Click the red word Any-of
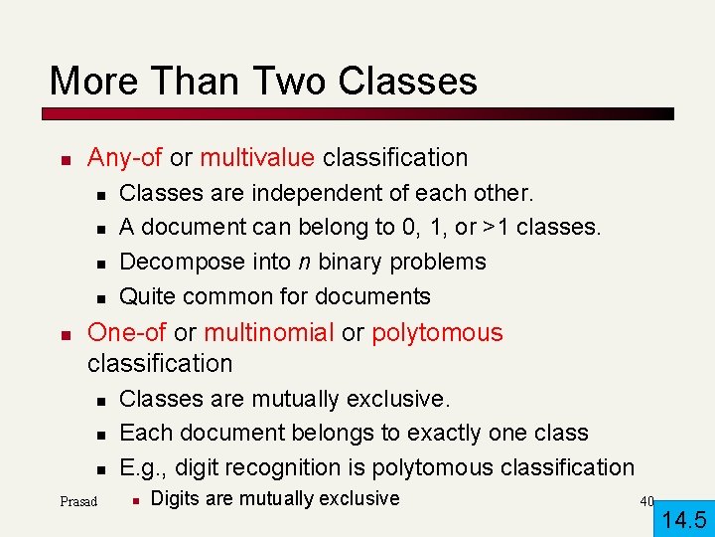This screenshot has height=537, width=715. (125, 157)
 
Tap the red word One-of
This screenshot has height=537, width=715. (127, 332)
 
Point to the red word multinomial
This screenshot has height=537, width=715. (269, 332)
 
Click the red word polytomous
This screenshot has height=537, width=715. (437, 332)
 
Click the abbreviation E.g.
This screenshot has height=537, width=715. (143, 467)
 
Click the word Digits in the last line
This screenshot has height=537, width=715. (176, 498)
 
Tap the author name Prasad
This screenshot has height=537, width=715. (78, 501)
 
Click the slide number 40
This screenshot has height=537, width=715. (646, 501)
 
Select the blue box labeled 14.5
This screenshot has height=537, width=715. (684, 518)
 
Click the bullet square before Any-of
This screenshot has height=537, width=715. (62, 159)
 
